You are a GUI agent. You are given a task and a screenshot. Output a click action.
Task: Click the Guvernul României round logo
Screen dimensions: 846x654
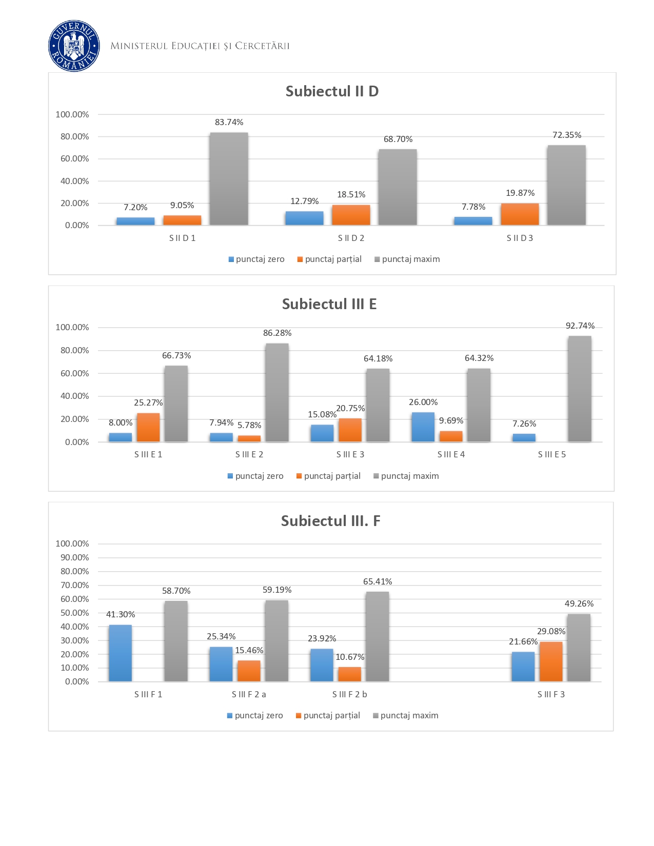74,46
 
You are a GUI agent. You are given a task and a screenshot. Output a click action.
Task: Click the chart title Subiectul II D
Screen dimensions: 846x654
332,91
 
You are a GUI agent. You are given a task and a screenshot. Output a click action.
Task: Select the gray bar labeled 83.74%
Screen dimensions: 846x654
229,178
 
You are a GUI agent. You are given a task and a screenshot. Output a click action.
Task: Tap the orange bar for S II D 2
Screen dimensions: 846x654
351,215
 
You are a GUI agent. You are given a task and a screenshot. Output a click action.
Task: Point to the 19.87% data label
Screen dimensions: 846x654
520,193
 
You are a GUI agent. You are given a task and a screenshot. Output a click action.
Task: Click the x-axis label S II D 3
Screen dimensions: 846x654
520,238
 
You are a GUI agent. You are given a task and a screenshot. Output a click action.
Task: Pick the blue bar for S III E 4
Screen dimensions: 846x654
423,427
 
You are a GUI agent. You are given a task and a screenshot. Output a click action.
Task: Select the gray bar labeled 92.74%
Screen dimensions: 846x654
580,389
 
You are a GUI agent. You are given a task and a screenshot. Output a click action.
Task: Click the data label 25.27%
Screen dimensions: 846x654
148,403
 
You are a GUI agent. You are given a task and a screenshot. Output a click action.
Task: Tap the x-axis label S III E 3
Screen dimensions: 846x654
350,454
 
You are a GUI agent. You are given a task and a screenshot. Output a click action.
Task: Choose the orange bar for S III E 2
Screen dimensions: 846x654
249,438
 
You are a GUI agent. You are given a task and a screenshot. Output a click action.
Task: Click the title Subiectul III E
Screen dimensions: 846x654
329,304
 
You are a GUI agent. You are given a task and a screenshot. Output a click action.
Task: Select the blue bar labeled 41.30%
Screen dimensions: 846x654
121,653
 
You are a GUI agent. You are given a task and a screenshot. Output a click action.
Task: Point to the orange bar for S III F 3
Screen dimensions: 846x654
551,661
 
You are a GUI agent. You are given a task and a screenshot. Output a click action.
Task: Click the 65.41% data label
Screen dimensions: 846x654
378,581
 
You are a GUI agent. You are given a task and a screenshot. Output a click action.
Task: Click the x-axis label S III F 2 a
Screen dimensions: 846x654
249,694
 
